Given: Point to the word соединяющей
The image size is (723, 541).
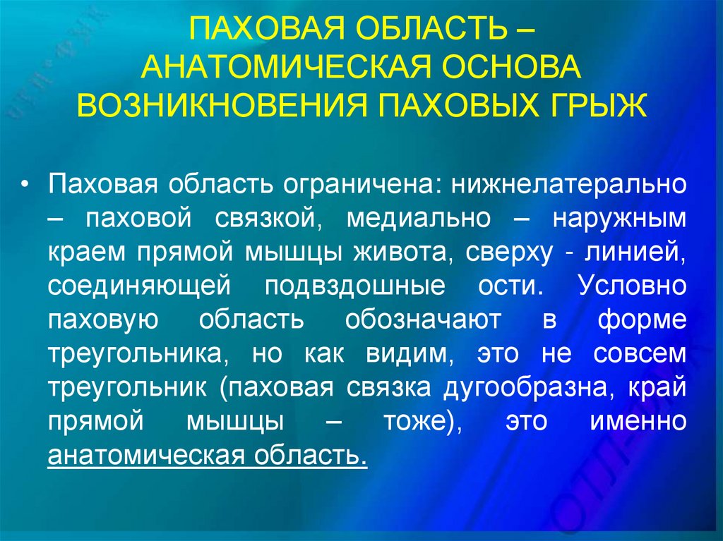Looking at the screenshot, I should (x=140, y=286).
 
